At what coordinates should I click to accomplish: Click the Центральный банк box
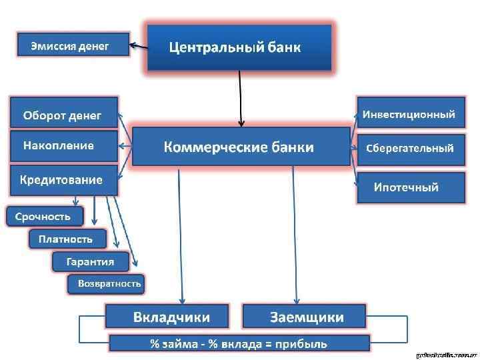pyautogui.click(x=239, y=47)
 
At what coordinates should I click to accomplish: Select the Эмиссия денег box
pyautogui.click(x=72, y=46)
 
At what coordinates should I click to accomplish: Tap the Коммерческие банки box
pyautogui.click(x=241, y=147)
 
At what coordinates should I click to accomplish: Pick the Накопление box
pyautogui.click(x=63, y=146)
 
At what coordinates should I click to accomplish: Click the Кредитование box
pyautogui.click(x=63, y=180)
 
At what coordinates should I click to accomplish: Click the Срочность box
pyautogui.click(x=45, y=216)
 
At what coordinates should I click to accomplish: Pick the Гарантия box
pyautogui.click(x=91, y=261)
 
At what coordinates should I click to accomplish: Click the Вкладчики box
pyautogui.click(x=167, y=316)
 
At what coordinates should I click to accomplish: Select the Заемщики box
pyautogui.click(x=304, y=316)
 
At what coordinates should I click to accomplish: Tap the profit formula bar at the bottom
pyautogui.click(x=238, y=343)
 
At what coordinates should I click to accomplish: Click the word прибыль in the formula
pyautogui.click(x=304, y=343)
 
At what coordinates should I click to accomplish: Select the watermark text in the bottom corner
pyautogui.click(x=446, y=355)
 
